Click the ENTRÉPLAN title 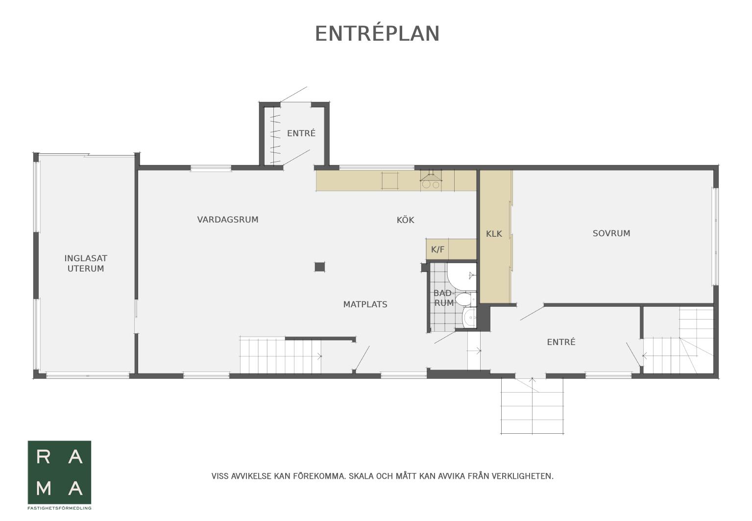(x=377, y=33)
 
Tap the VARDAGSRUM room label (x=228, y=220)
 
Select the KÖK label (x=405, y=220)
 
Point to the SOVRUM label (x=611, y=233)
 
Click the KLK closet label (x=494, y=234)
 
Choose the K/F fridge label (x=437, y=249)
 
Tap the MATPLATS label (x=365, y=304)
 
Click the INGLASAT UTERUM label (x=86, y=263)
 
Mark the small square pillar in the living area (x=319, y=267)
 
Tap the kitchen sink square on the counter (x=390, y=181)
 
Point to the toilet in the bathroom (x=466, y=299)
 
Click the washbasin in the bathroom (x=469, y=318)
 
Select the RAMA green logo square (x=59, y=472)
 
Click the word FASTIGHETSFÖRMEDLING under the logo (x=59, y=508)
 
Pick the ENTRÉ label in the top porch (x=301, y=133)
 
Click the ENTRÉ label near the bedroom (x=561, y=342)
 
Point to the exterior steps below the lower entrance (x=532, y=406)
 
